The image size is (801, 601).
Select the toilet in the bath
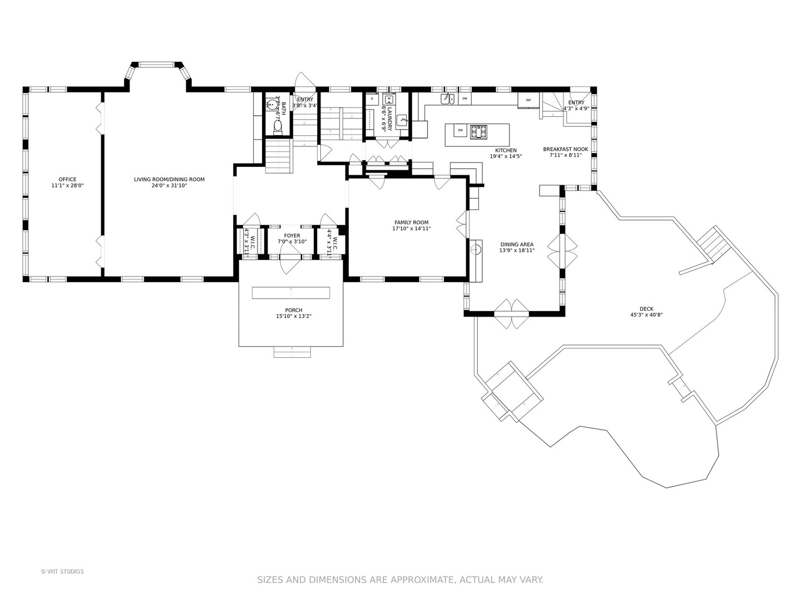tap(278, 127)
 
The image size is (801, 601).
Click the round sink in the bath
tap(278, 104)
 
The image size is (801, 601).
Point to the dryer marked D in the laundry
tap(372, 100)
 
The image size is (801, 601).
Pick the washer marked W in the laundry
tap(389, 100)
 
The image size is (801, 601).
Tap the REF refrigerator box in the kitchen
tap(528, 100)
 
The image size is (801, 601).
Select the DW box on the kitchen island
tap(460, 131)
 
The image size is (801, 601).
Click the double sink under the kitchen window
tap(447, 99)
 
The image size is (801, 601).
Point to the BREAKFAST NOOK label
tap(565, 149)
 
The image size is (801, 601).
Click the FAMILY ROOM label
tap(411, 223)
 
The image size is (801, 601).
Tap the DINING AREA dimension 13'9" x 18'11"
tap(517, 250)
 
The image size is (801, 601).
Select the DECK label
tap(646, 309)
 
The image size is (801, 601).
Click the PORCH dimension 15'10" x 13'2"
tap(294, 316)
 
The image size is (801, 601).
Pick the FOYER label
tap(292, 235)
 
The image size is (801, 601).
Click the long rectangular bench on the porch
tap(290, 293)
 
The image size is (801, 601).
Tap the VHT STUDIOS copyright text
tap(62, 572)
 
